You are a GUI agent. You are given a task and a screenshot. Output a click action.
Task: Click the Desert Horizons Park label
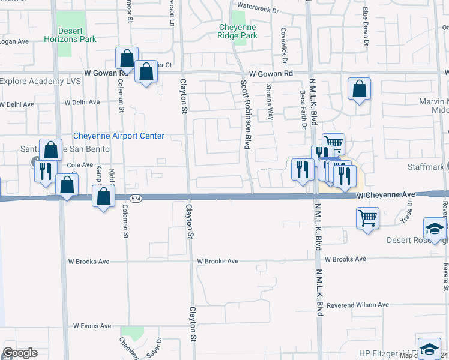(x=70, y=35)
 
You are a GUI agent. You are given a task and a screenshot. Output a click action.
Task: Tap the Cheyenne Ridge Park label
(x=238, y=32)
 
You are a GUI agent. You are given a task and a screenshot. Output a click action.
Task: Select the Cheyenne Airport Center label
(x=118, y=136)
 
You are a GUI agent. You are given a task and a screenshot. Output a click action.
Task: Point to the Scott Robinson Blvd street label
(x=246, y=115)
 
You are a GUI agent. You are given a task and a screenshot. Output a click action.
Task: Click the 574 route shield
(x=137, y=199)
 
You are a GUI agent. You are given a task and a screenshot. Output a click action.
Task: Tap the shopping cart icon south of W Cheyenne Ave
(x=368, y=218)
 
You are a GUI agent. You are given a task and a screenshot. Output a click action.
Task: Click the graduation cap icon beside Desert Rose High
(x=435, y=229)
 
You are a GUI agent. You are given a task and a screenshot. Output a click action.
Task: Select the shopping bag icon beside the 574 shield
(x=104, y=196)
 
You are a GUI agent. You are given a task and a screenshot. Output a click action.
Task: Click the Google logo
(x=20, y=353)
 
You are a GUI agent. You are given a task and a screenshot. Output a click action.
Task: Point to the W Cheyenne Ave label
(x=386, y=195)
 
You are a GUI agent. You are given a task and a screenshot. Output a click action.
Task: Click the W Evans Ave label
(x=92, y=326)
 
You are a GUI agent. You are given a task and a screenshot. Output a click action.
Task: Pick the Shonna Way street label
(x=270, y=102)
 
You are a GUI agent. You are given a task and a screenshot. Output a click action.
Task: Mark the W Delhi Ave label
(x=16, y=104)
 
